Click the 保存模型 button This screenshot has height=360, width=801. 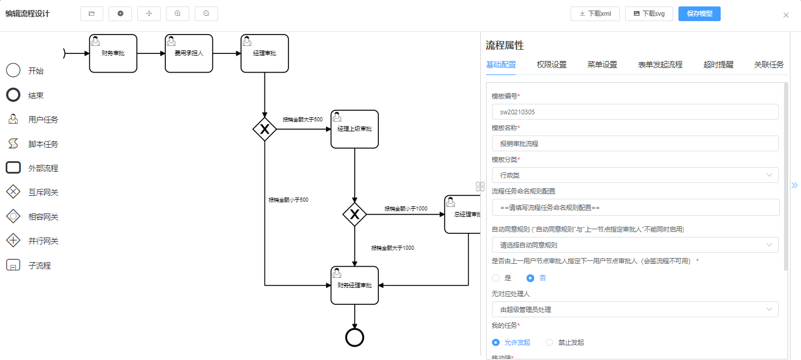[x=699, y=13]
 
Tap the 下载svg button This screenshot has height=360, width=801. [x=649, y=13]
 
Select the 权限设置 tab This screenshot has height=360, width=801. [x=551, y=64]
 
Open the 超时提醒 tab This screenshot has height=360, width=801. [x=718, y=64]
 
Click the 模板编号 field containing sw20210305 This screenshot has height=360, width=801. [x=634, y=112]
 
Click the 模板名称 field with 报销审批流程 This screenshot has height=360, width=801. [x=634, y=144]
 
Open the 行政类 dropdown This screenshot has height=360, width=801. [x=634, y=175]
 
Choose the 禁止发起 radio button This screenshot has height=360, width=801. [x=550, y=342]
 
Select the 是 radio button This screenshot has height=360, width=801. [x=496, y=278]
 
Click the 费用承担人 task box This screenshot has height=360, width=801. [x=189, y=53]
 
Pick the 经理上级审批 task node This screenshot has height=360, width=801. [x=354, y=129]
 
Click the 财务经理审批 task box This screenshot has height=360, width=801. [x=354, y=286]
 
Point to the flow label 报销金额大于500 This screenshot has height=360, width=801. [x=303, y=120]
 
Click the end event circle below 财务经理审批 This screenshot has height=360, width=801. [x=355, y=337]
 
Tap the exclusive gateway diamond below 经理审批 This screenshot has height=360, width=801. [x=264, y=129]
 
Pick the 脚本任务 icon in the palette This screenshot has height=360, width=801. [x=13, y=144]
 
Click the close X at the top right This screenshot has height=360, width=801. [x=786, y=15]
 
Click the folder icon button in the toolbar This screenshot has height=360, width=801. [x=91, y=13]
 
